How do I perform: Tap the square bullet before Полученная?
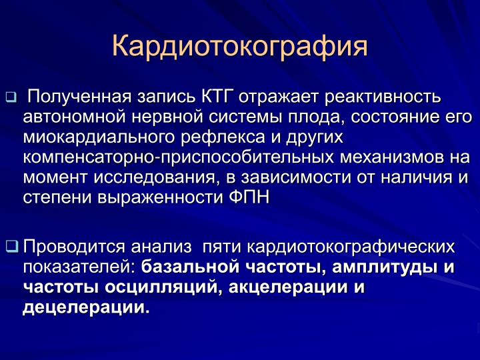(11, 97)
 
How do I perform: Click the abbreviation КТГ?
(218, 97)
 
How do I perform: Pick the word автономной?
(74, 117)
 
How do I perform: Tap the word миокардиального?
(99, 138)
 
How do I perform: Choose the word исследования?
(155, 178)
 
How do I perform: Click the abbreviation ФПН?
(249, 197)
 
